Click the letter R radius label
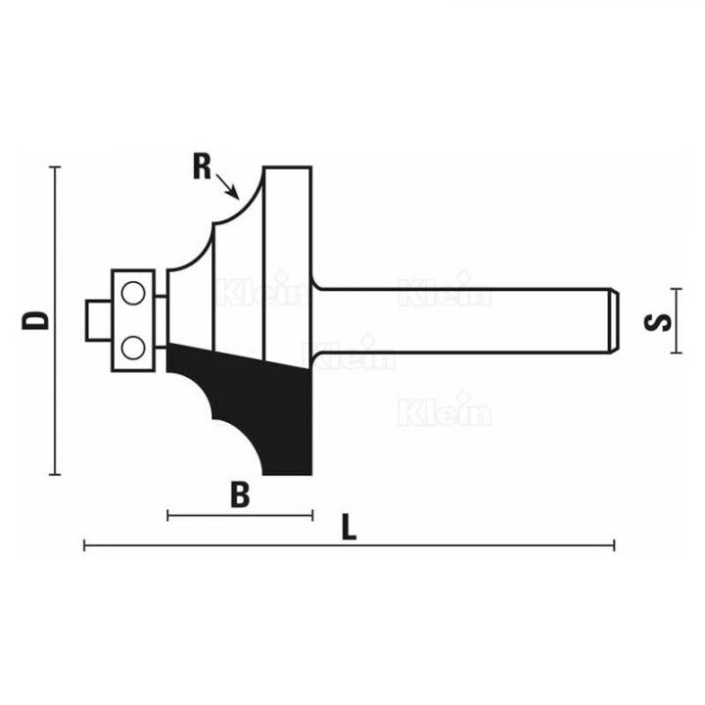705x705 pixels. pyautogui.click(x=202, y=167)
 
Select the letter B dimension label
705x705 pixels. pyautogui.click(x=240, y=495)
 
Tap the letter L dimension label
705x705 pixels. pyautogui.click(x=349, y=528)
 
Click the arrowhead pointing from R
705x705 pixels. pyautogui.click(x=235, y=194)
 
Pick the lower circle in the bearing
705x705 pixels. pyautogui.click(x=133, y=347)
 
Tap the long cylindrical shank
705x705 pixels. pyautogui.click(x=460, y=319)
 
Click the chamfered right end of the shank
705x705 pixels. pyautogui.click(x=611, y=319)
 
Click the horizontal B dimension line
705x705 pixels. pyautogui.click(x=240, y=515)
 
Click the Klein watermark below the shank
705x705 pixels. pyautogui.click(x=446, y=412)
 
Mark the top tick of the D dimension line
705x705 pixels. pyautogui.click(x=55, y=166)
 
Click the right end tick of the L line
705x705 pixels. pyautogui.click(x=614, y=545)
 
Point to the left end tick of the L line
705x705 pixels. pyautogui.click(x=85, y=545)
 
